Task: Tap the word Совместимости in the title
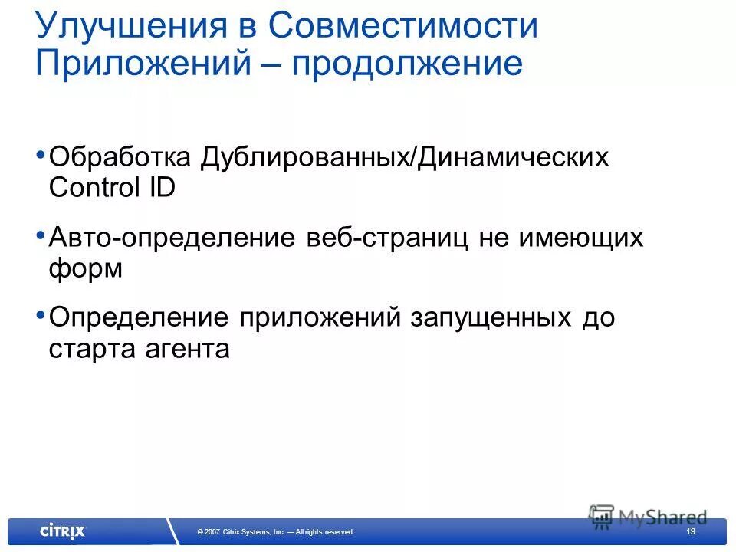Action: (x=403, y=28)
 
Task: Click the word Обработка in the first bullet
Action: (x=120, y=159)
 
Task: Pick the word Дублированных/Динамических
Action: (x=405, y=159)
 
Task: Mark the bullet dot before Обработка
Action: (x=40, y=155)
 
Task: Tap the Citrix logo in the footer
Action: (x=63, y=531)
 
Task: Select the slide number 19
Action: (x=691, y=531)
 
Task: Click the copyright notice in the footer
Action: (x=274, y=532)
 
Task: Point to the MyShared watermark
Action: (x=649, y=516)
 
